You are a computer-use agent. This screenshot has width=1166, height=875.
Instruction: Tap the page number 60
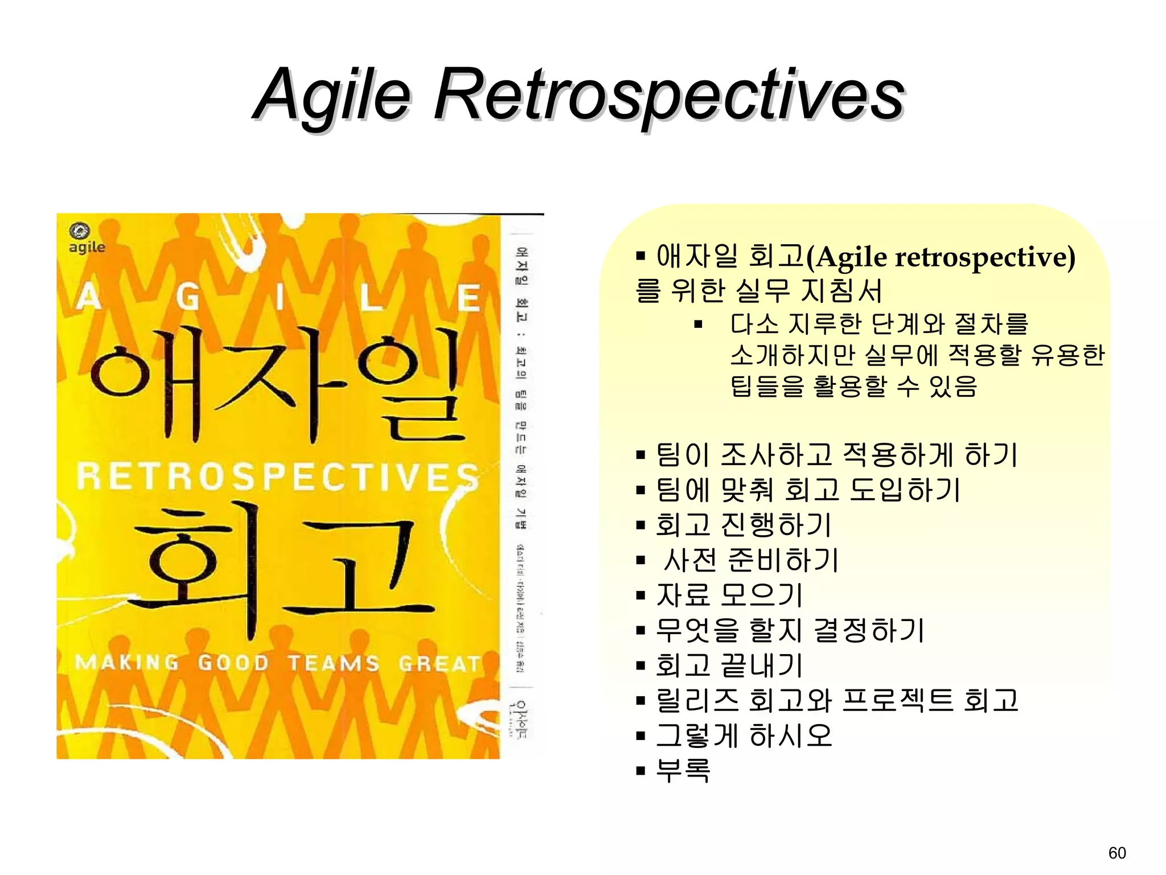click(x=1117, y=853)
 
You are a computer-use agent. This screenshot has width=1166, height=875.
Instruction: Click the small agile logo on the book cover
click(x=86, y=239)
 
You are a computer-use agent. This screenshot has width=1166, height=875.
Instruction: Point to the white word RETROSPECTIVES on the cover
click(x=277, y=477)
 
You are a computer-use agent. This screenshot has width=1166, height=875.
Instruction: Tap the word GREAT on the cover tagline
click(x=440, y=664)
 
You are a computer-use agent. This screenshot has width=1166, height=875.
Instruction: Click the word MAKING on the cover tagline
click(x=126, y=663)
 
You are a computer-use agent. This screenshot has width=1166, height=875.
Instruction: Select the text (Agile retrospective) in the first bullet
click(x=941, y=257)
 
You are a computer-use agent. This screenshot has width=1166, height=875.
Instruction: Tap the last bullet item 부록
click(x=683, y=770)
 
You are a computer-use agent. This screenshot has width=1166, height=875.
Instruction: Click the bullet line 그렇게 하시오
click(x=744, y=736)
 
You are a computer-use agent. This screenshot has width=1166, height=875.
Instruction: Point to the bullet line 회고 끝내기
click(x=729, y=665)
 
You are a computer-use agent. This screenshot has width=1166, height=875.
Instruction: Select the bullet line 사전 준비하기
click(x=750, y=560)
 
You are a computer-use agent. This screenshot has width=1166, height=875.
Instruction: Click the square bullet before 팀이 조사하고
click(x=641, y=455)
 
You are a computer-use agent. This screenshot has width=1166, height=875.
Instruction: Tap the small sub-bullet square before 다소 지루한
click(x=699, y=325)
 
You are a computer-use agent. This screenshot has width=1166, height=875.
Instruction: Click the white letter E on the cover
click(x=469, y=298)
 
